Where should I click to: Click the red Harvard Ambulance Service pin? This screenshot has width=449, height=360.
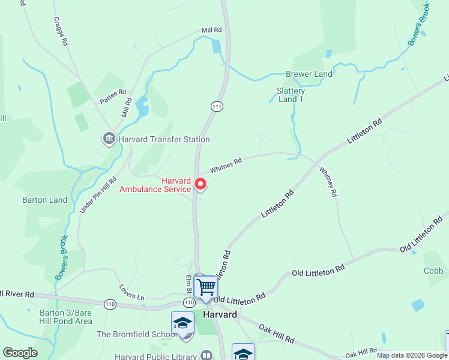tap(200, 184)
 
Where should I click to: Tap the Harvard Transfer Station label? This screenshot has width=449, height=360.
tap(164, 139)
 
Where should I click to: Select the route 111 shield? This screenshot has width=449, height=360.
tap(217, 106)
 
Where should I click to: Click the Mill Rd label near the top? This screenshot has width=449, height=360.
tap(211, 30)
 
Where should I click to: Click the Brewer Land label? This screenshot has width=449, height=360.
tap(309, 74)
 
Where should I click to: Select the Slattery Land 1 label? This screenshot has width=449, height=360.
tap(291, 95)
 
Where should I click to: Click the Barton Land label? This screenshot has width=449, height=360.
tap(45, 200)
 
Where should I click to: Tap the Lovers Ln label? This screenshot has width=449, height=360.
tap(132, 292)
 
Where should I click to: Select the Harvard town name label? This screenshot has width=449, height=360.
tap(220, 314)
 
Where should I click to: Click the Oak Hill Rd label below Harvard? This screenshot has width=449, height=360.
tap(277, 334)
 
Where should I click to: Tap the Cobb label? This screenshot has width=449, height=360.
tap(433, 271)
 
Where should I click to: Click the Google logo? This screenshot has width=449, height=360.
tap(20, 353)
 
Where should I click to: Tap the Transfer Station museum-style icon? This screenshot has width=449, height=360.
tap(109, 139)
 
